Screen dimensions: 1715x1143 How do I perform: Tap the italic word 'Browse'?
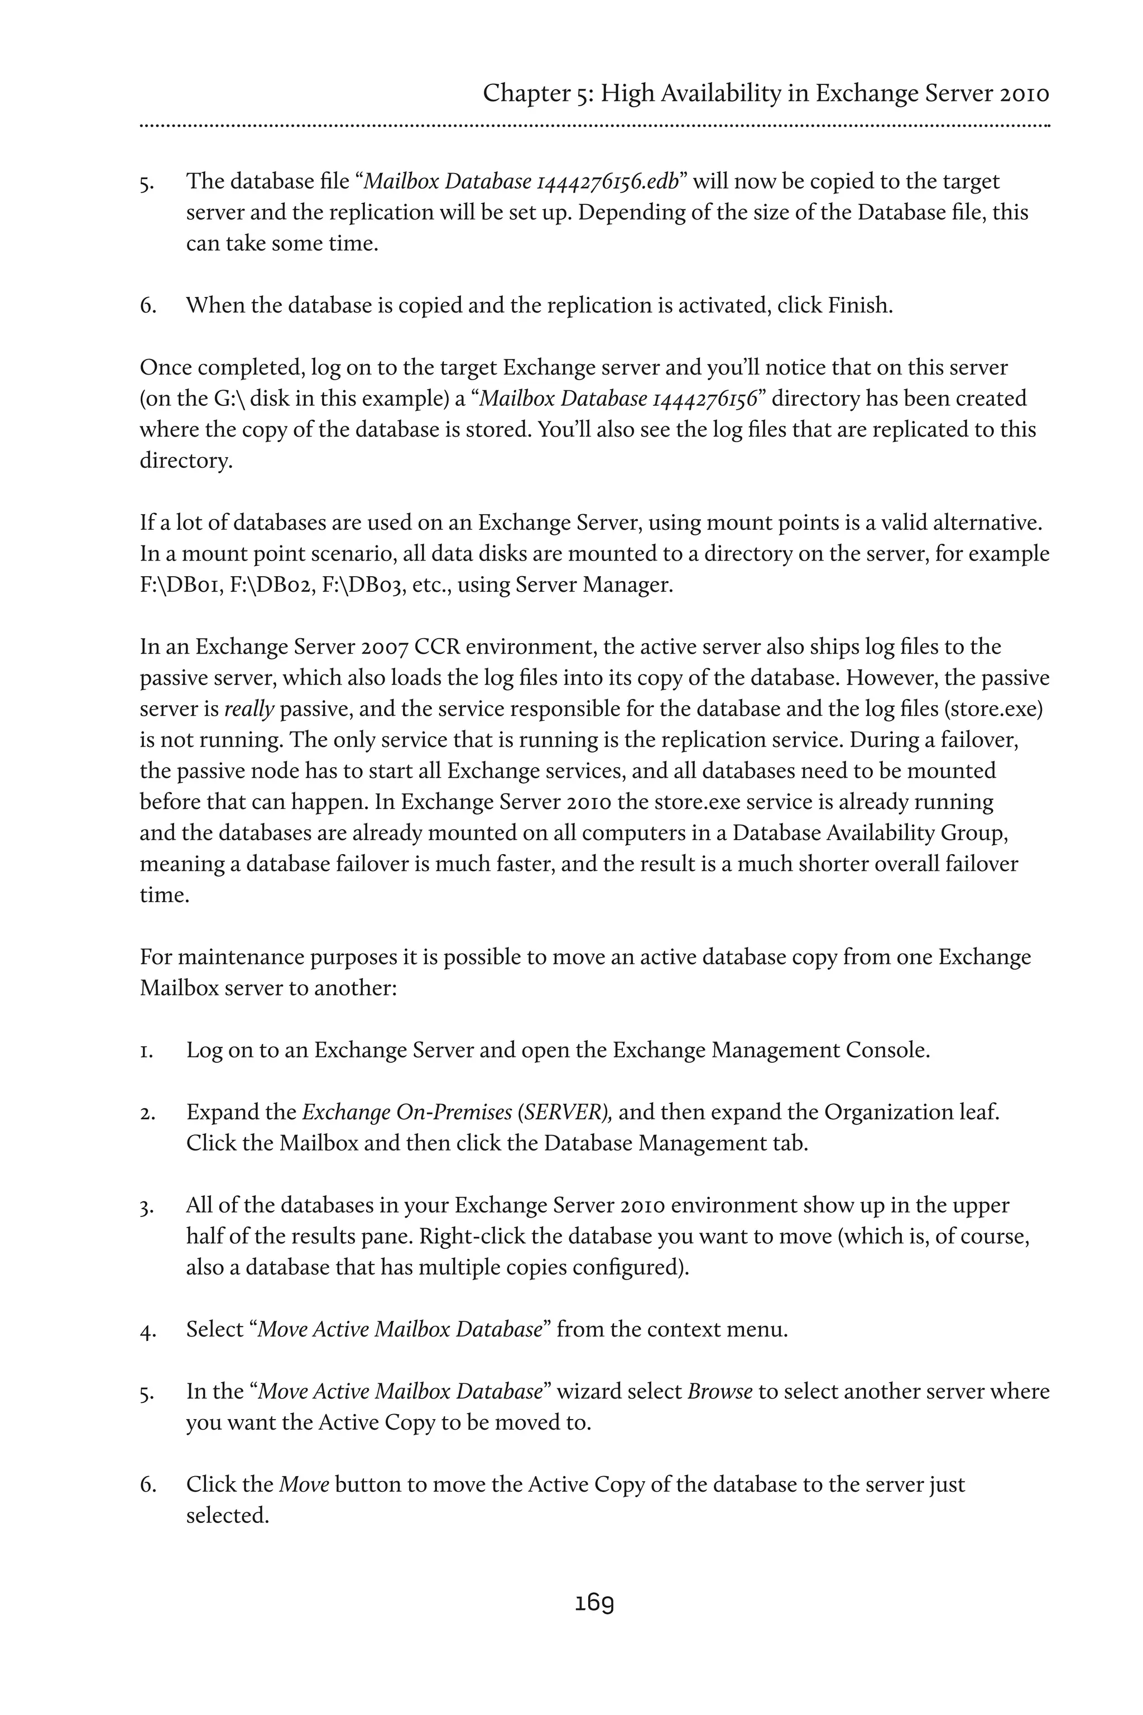[x=719, y=1391]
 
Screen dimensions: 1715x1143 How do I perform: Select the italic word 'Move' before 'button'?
[x=305, y=1484]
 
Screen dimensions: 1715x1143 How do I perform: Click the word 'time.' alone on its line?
[x=165, y=895]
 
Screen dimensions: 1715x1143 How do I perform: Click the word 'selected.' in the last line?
[x=228, y=1515]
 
